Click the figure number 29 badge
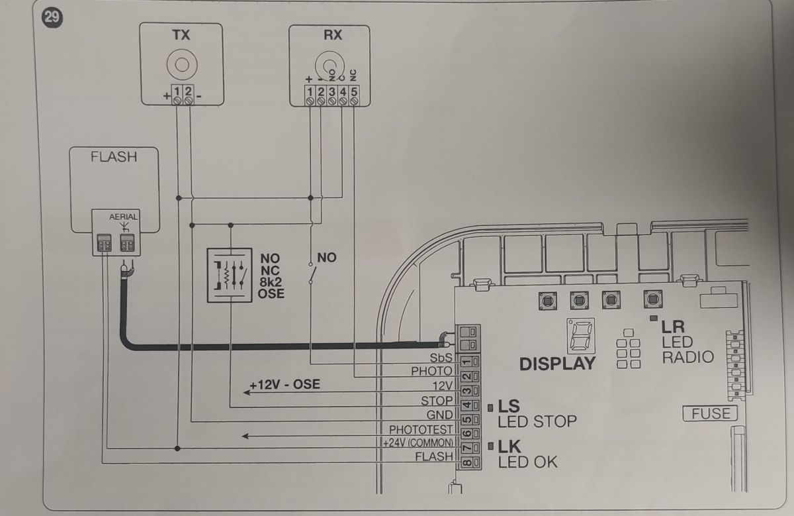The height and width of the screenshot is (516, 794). [x=53, y=17]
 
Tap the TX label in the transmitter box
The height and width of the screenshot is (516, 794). [x=181, y=35]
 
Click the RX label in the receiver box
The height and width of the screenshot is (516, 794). [x=332, y=35]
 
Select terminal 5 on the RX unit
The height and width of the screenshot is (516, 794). [x=354, y=95]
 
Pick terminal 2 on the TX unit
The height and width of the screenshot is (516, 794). [x=188, y=95]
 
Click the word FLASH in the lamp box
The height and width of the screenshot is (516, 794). [x=114, y=157]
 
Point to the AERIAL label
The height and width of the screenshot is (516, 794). [x=123, y=216]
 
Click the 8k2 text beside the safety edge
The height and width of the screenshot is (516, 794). [x=271, y=282]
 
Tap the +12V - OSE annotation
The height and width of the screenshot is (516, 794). [x=285, y=384]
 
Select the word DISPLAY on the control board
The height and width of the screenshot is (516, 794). [x=557, y=364]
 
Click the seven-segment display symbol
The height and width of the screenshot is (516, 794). [x=581, y=336]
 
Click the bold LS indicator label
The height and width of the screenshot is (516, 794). [x=508, y=406]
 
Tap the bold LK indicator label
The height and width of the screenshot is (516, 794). [x=509, y=447]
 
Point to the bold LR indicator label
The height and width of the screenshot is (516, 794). [x=673, y=327]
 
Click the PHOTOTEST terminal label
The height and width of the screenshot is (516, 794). [x=421, y=430]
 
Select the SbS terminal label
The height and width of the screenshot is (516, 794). [x=441, y=358]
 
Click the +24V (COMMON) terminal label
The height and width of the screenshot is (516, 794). [x=418, y=443]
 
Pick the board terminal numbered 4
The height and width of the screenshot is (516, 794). [x=467, y=405]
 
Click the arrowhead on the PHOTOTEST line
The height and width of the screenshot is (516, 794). [x=245, y=436]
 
